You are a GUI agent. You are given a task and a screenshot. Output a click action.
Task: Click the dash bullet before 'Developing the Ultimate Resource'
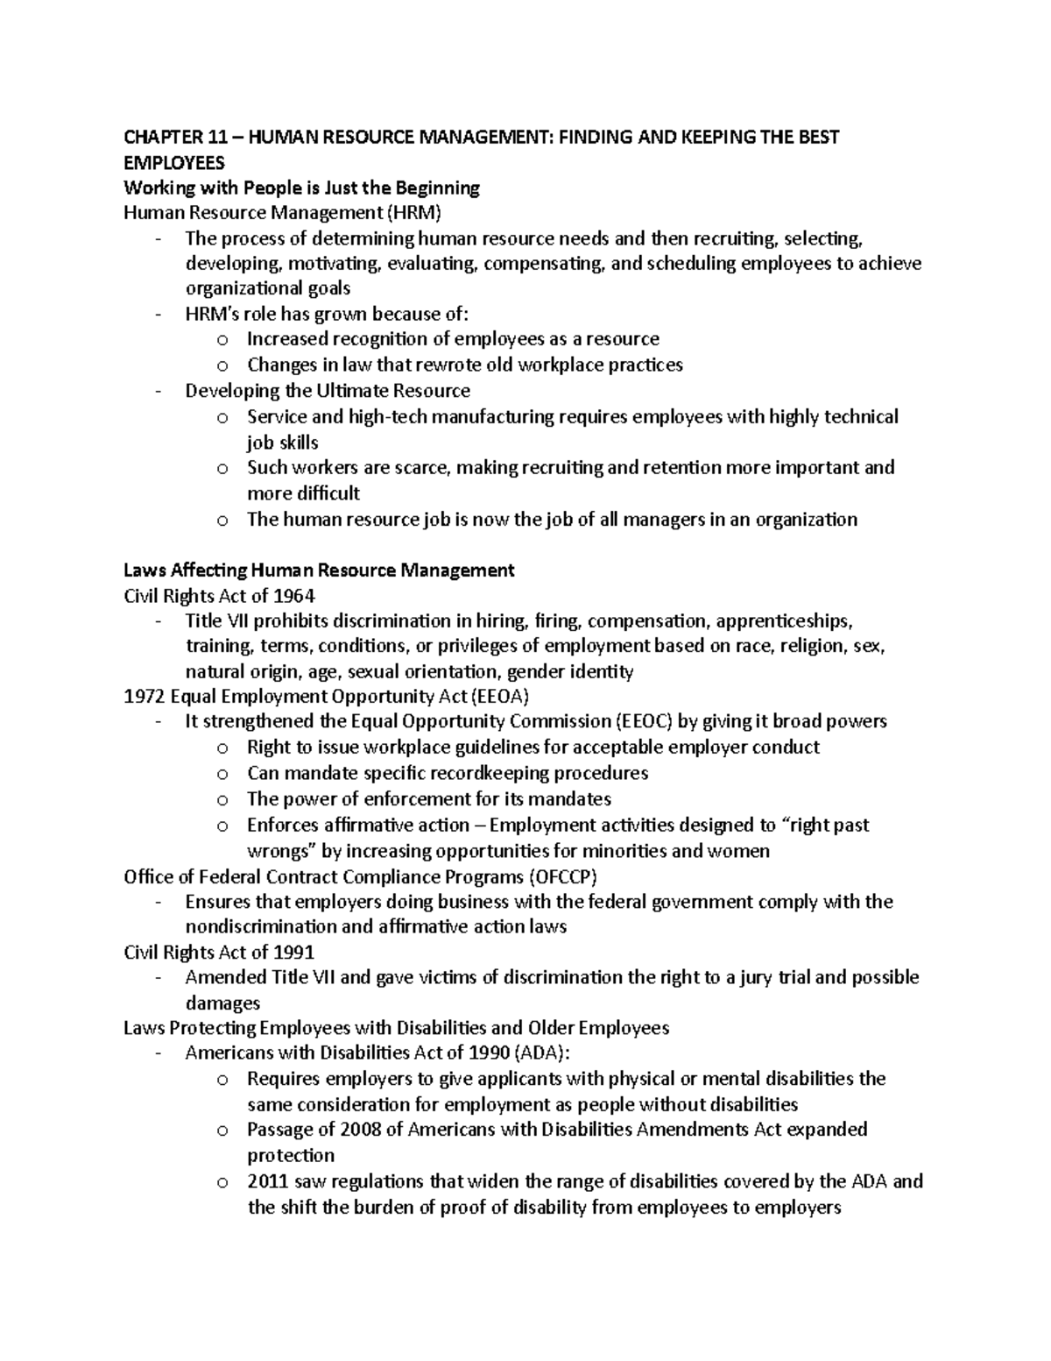tap(157, 391)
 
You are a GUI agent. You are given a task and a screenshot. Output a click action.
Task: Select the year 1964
tap(293, 596)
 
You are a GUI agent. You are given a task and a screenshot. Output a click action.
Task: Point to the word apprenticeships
tap(783, 621)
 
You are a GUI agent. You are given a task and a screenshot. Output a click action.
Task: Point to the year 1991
tap(293, 952)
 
